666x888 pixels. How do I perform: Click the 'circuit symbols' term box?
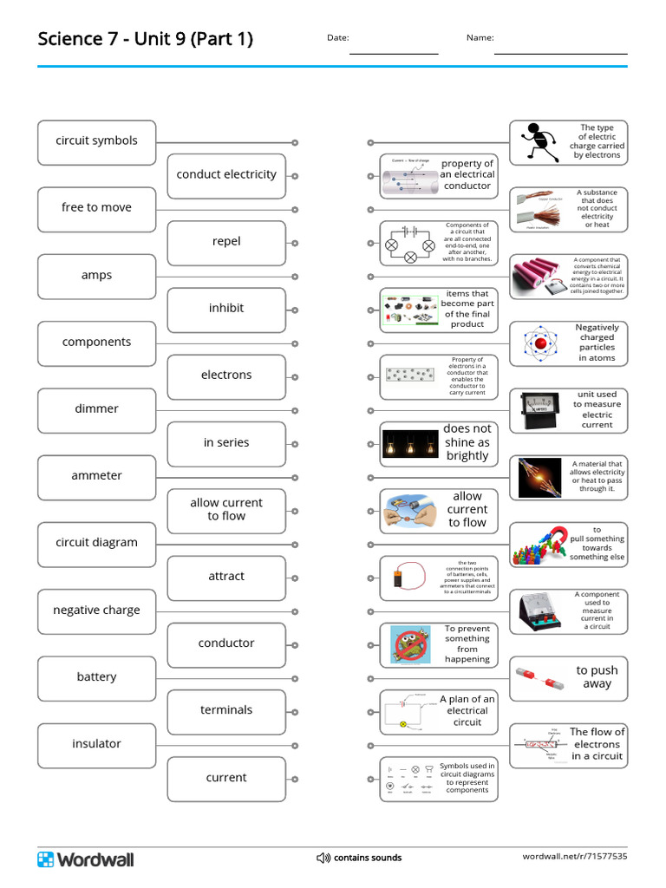[96, 141]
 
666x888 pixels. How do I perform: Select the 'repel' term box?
[226, 242]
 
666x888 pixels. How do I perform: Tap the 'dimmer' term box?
[96, 409]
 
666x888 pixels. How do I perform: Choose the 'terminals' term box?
[226, 710]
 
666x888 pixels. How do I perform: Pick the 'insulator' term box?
[96, 744]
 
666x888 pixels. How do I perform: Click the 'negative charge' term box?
[96, 610]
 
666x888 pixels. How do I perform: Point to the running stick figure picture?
[538, 142]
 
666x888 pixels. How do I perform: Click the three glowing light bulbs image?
[410, 442]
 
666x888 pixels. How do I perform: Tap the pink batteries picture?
[539, 276]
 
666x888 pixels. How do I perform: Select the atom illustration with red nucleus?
[539, 343]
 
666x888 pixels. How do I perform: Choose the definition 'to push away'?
[597, 677]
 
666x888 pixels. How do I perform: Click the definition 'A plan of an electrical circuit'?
[467, 711]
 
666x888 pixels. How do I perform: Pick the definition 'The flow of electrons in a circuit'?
[597, 744]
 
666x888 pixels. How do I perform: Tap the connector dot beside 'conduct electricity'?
[295, 175]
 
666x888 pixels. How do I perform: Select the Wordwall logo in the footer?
[85, 859]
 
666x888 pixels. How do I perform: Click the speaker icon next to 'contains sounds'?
[323, 859]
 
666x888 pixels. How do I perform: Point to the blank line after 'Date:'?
[394, 52]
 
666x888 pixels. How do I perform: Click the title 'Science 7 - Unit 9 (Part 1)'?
[146, 39]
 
